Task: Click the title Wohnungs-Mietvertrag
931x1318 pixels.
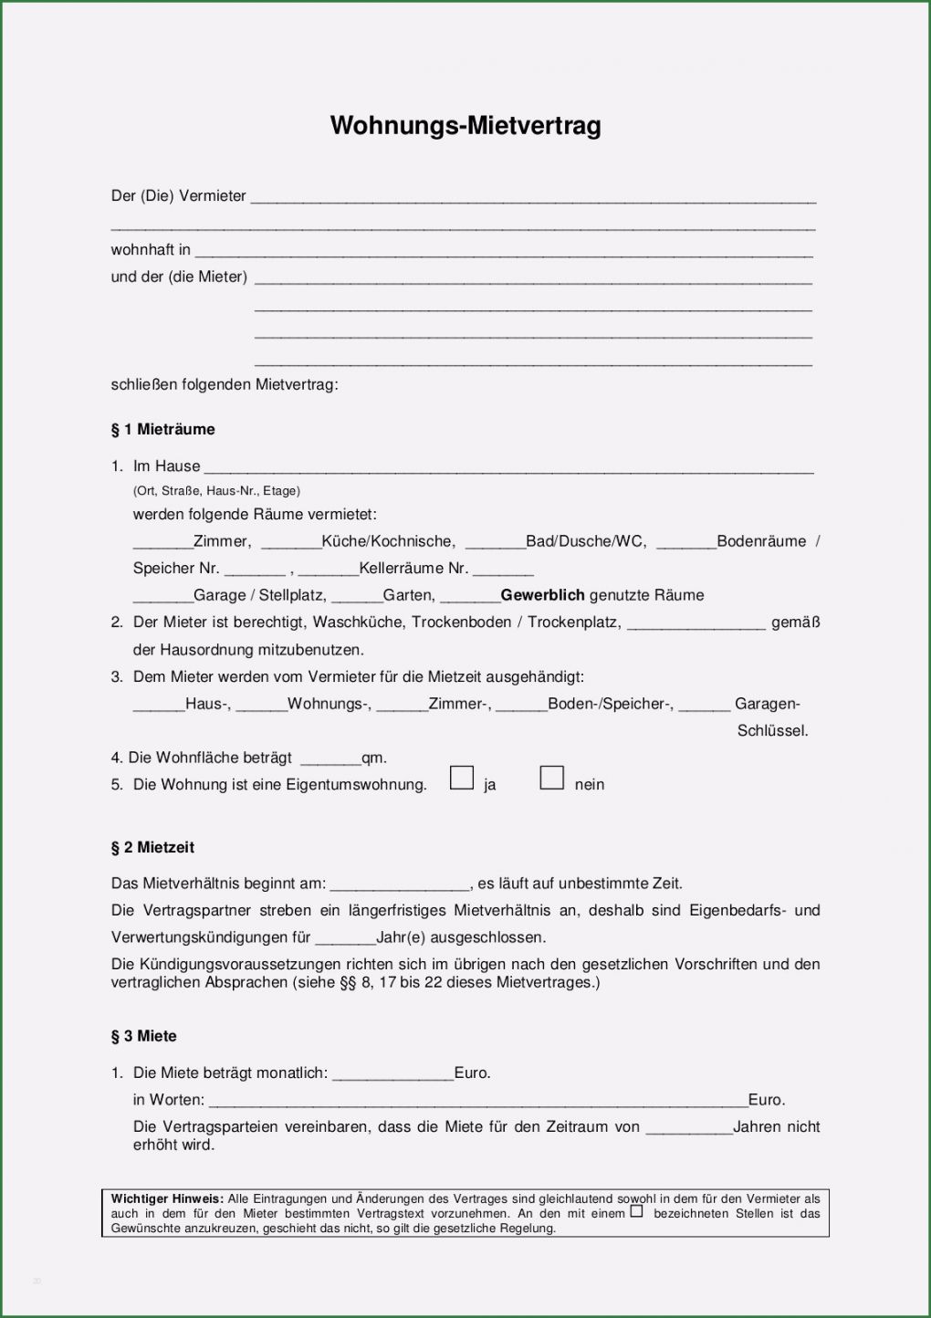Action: (x=465, y=125)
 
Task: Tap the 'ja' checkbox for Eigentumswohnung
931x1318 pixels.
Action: (x=462, y=778)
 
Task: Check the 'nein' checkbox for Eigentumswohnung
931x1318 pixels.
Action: (x=551, y=778)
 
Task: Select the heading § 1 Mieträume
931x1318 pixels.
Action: (x=162, y=429)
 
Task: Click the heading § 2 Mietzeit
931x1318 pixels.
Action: (x=152, y=847)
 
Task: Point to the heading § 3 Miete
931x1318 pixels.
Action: (x=143, y=1036)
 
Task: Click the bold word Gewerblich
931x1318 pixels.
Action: (x=542, y=595)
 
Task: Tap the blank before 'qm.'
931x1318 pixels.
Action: (x=330, y=759)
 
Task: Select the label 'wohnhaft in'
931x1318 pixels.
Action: (x=151, y=249)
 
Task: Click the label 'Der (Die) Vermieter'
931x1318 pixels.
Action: (x=178, y=195)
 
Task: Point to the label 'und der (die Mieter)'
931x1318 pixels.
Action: (x=179, y=277)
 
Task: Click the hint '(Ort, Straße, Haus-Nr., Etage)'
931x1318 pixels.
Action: (x=216, y=490)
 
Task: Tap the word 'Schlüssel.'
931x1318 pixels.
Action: (x=772, y=730)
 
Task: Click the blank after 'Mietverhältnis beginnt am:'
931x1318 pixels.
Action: (x=400, y=885)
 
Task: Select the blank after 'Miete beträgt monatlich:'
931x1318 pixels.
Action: (x=392, y=1075)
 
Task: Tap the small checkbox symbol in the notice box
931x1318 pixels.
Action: (x=636, y=1211)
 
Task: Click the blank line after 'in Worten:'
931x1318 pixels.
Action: (x=477, y=1102)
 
